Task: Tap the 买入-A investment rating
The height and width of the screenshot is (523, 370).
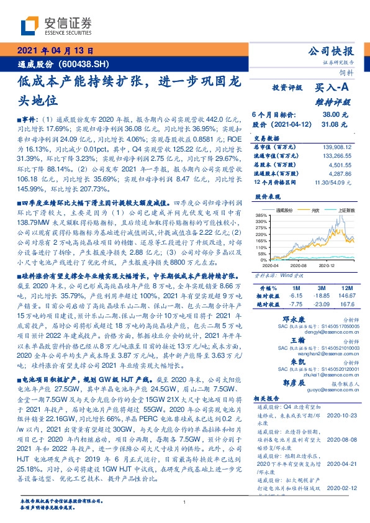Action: [x=333, y=89]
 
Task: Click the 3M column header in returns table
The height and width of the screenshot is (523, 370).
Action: [x=320, y=289]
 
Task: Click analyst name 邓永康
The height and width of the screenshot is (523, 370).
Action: [x=299, y=317]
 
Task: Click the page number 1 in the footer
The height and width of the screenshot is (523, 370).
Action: [x=185, y=503]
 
